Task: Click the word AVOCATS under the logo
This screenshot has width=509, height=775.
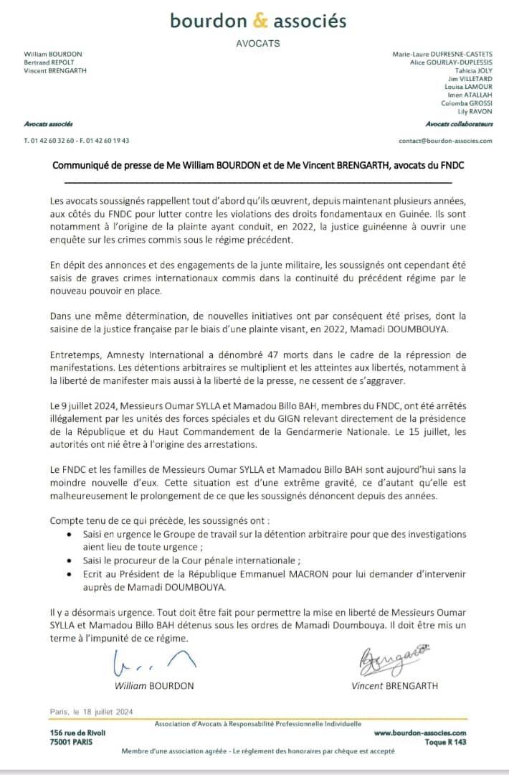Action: pyautogui.click(x=258, y=44)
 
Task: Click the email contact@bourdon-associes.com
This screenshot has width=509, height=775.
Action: pyautogui.click(x=445, y=141)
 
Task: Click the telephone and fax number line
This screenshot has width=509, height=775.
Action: pyautogui.click(x=76, y=141)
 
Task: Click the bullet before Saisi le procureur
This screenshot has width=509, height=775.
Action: pyautogui.click(x=69, y=560)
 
